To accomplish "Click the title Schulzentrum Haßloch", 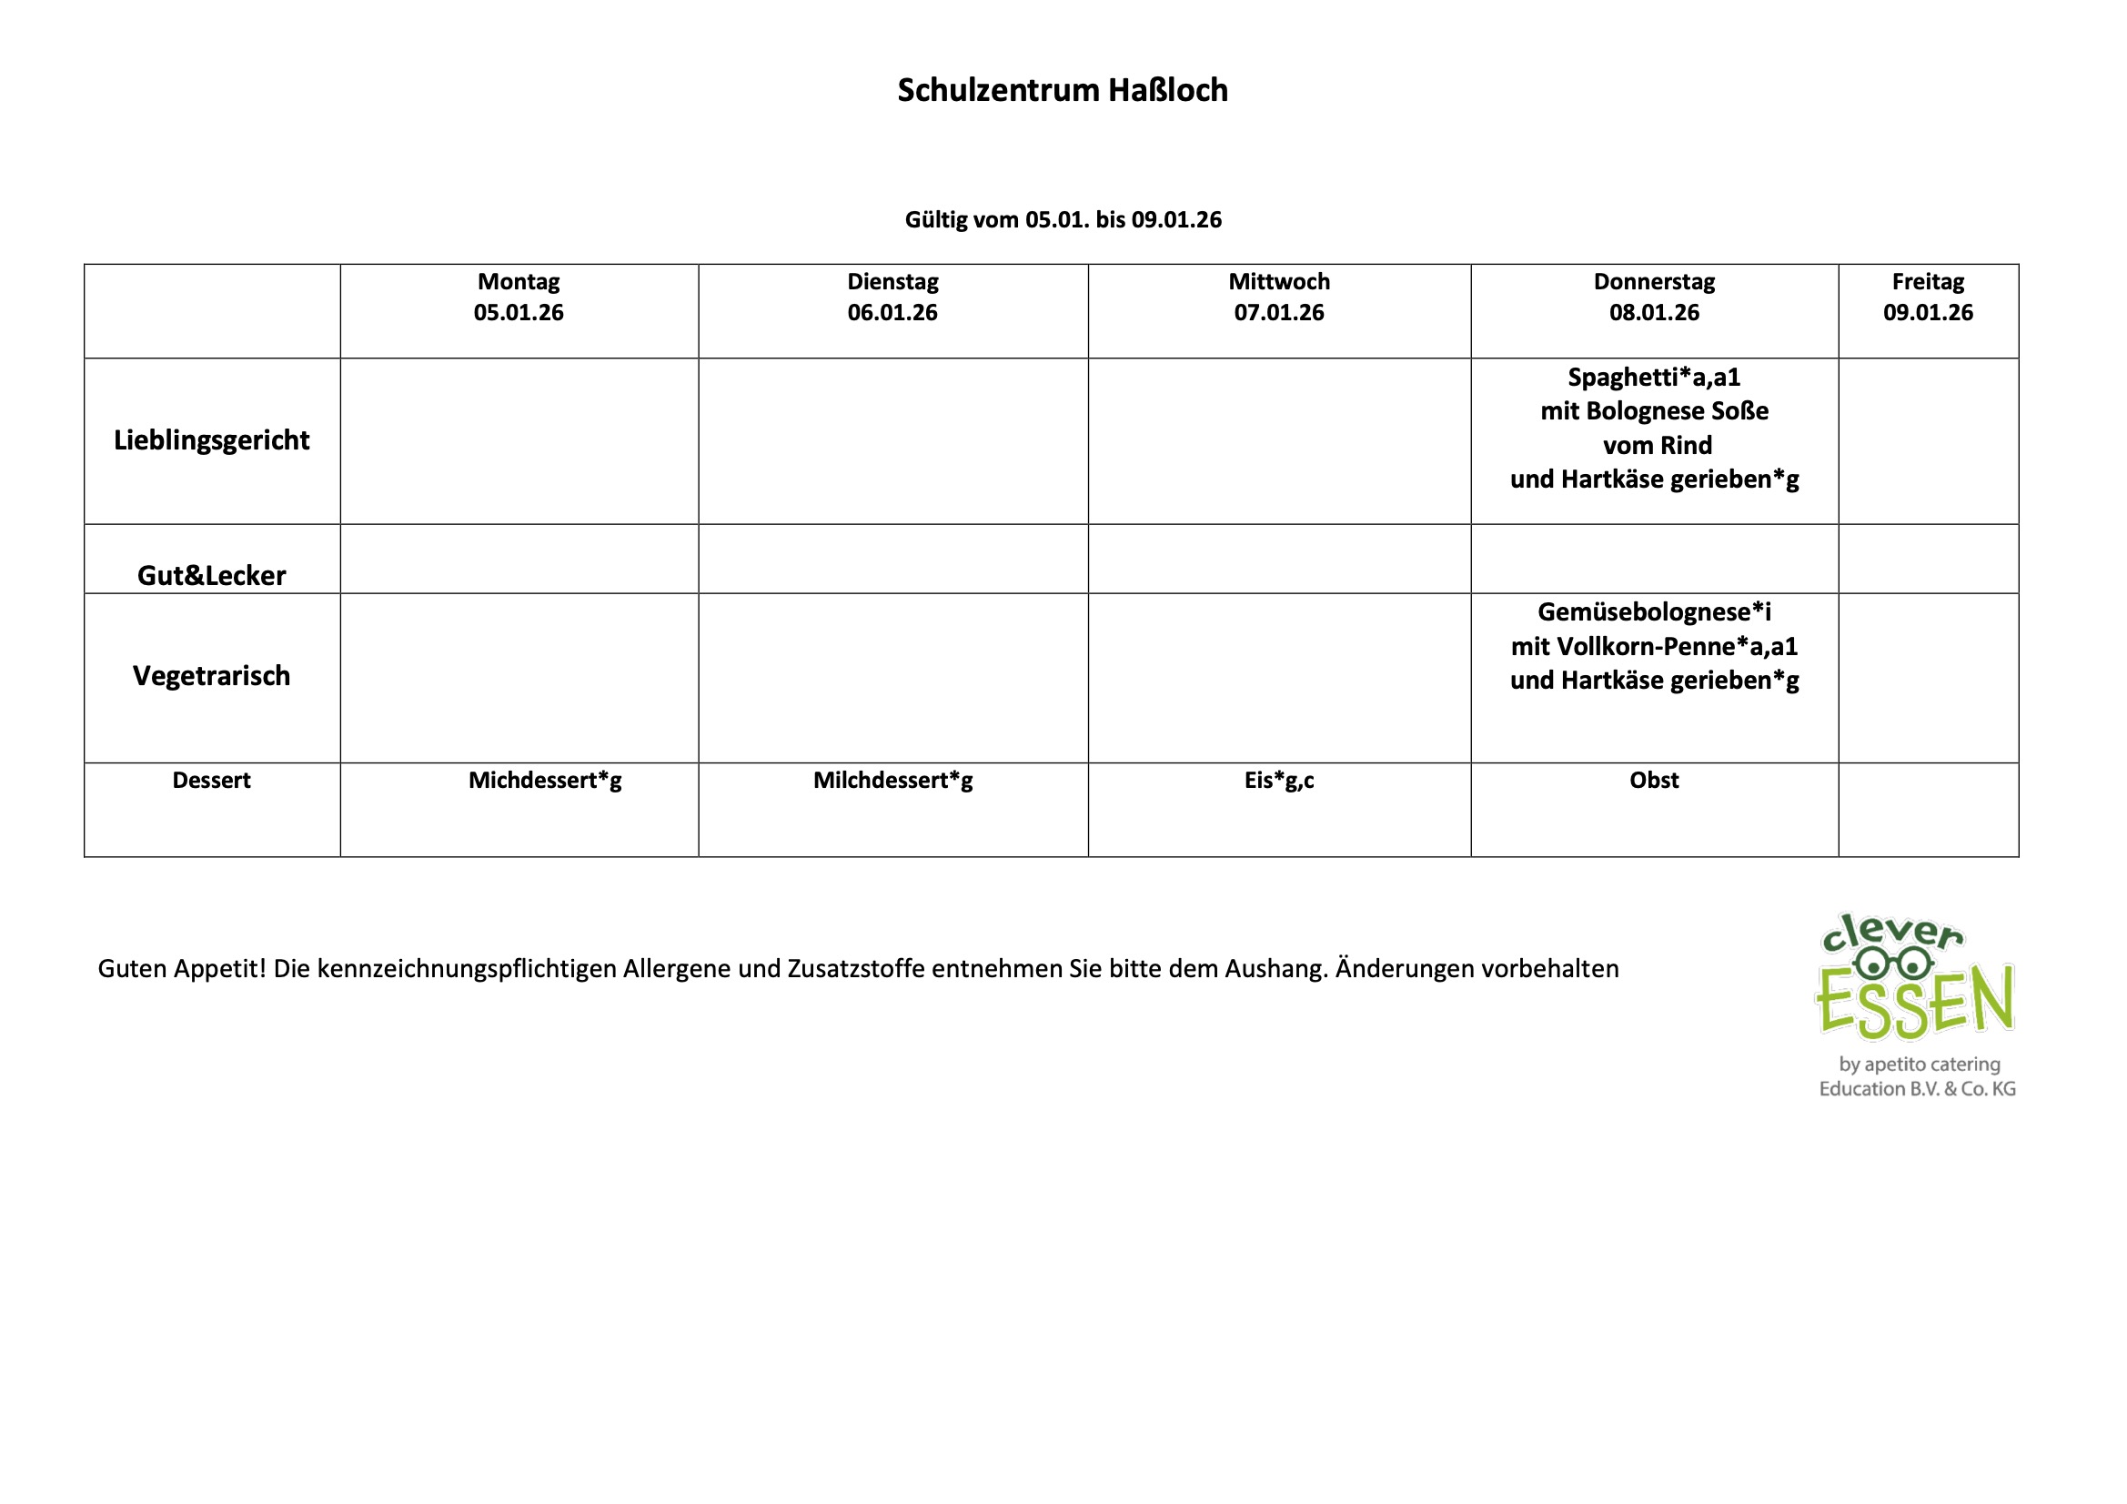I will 1063,90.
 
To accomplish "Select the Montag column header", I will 519,281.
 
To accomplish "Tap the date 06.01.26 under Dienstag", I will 892,312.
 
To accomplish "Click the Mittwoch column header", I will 1278,281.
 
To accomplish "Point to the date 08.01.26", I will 1654,312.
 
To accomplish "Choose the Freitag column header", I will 1928,281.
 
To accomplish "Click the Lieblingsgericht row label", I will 211,440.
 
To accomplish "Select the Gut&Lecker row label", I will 211,575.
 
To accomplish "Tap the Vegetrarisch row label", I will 211,675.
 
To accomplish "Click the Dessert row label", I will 211,781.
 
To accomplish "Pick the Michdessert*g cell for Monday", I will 545,781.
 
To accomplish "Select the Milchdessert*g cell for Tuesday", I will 893,781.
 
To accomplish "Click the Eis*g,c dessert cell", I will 1278,781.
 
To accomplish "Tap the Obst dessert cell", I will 1654,781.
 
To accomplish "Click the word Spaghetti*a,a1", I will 1654,378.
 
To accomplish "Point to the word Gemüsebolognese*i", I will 1654,611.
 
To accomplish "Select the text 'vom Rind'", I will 1658,446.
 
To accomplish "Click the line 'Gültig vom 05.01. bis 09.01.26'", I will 1063,219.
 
